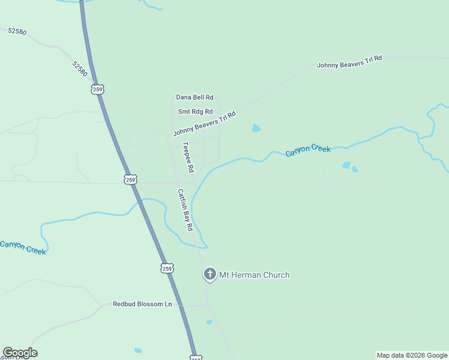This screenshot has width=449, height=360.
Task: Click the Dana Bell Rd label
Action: coord(194,97)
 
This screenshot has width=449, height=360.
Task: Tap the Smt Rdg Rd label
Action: coord(195,112)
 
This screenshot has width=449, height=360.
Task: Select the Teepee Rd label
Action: coord(188,157)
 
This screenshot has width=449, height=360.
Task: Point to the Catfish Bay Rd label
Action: coord(185,210)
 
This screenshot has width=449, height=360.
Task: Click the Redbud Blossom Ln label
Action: coord(142,304)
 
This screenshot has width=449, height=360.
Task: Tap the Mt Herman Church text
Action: coord(254,275)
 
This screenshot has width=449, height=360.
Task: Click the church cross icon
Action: coord(210,275)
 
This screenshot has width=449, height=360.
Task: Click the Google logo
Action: coord(20,353)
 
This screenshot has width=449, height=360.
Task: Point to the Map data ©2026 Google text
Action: coord(412,355)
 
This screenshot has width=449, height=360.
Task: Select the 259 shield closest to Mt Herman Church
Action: coord(167,268)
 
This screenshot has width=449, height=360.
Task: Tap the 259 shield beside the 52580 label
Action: coord(98,89)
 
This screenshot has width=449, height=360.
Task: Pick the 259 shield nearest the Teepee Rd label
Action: coord(131,179)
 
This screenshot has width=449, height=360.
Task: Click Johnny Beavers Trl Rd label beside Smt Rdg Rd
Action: coord(204,124)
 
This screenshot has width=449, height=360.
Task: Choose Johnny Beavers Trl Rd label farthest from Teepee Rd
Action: coord(349,62)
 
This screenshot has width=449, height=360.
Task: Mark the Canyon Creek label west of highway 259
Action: coord(23,247)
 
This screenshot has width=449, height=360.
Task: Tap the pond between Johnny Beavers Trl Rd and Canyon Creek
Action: coord(256,128)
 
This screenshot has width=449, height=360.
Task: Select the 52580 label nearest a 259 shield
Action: coord(80,68)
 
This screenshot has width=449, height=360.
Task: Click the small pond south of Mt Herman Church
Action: coord(209,322)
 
